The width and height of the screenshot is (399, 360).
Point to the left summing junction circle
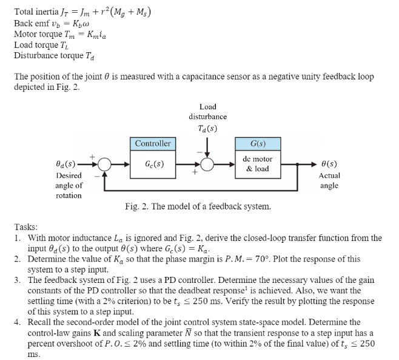(x=104, y=164)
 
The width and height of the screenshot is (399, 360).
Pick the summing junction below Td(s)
(x=207, y=164)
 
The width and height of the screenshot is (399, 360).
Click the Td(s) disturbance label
(x=208, y=128)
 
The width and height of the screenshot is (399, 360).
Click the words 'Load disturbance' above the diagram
(x=208, y=111)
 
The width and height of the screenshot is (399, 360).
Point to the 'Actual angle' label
(x=329, y=180)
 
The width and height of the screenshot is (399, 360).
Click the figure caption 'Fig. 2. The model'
(x=198, y=206)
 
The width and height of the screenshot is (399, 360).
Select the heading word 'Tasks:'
(x=27, y=226)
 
